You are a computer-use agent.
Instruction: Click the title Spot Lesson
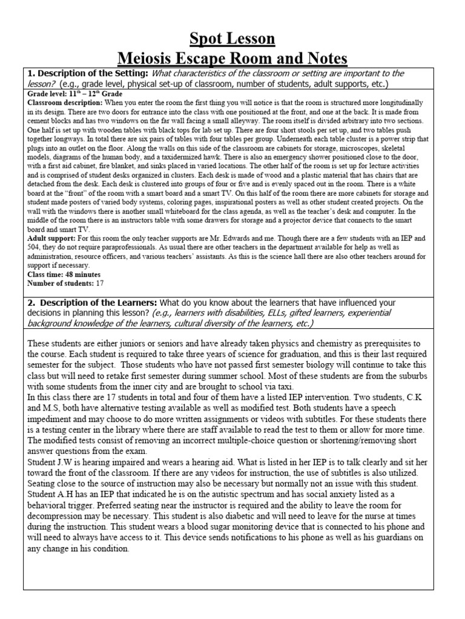point(232,39)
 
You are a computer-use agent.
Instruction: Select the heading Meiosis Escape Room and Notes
point(232,59)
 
